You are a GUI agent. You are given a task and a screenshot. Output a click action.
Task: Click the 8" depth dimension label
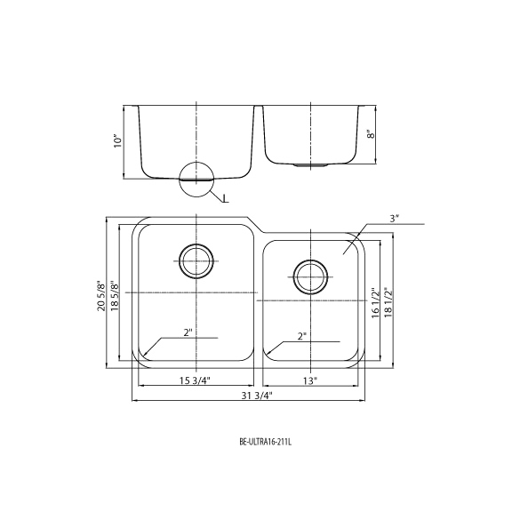click(371, 134)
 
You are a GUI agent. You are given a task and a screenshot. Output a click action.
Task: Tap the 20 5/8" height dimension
click(101, 296)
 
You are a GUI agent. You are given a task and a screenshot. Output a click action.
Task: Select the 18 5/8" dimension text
click(115, 296)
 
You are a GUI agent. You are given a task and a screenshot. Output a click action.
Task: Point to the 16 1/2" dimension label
click(375, 304)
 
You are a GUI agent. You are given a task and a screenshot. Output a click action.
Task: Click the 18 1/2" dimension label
click(388, 303)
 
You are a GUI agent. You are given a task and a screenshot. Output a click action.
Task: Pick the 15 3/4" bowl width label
click(196, 380)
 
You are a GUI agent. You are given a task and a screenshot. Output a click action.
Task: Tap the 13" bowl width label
click(310, 380)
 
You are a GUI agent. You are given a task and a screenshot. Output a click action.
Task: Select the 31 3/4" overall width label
click(257, 396)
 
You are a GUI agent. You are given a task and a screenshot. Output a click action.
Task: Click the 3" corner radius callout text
click(395, 219)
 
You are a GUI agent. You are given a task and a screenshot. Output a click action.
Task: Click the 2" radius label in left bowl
click(188, 332)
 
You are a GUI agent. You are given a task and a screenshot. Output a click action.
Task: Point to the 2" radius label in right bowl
click(302, 336)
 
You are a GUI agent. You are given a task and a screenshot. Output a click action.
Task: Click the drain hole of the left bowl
click(196, 261)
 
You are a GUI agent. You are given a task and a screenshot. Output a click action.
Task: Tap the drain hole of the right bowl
click(310, 277)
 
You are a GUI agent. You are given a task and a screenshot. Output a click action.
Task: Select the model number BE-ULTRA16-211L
click(265, 443)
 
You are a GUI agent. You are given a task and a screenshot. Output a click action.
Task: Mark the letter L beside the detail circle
click(225, 198)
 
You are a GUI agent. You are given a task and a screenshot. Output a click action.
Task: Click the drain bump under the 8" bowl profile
click(310, 165)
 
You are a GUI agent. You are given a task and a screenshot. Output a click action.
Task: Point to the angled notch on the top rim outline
click(256, 225)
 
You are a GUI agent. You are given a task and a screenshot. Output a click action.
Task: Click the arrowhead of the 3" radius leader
click(344, 252)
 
